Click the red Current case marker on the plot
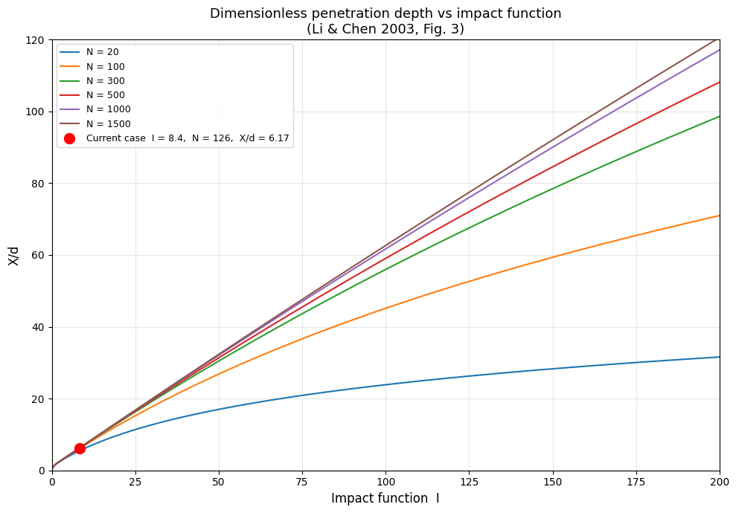[x=80, y=448]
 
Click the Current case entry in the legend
[x=187, y=138]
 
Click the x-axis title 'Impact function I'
[x=385, y=498]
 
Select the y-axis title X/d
[x=13, y=255]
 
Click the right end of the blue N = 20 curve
[x=718, y=357]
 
